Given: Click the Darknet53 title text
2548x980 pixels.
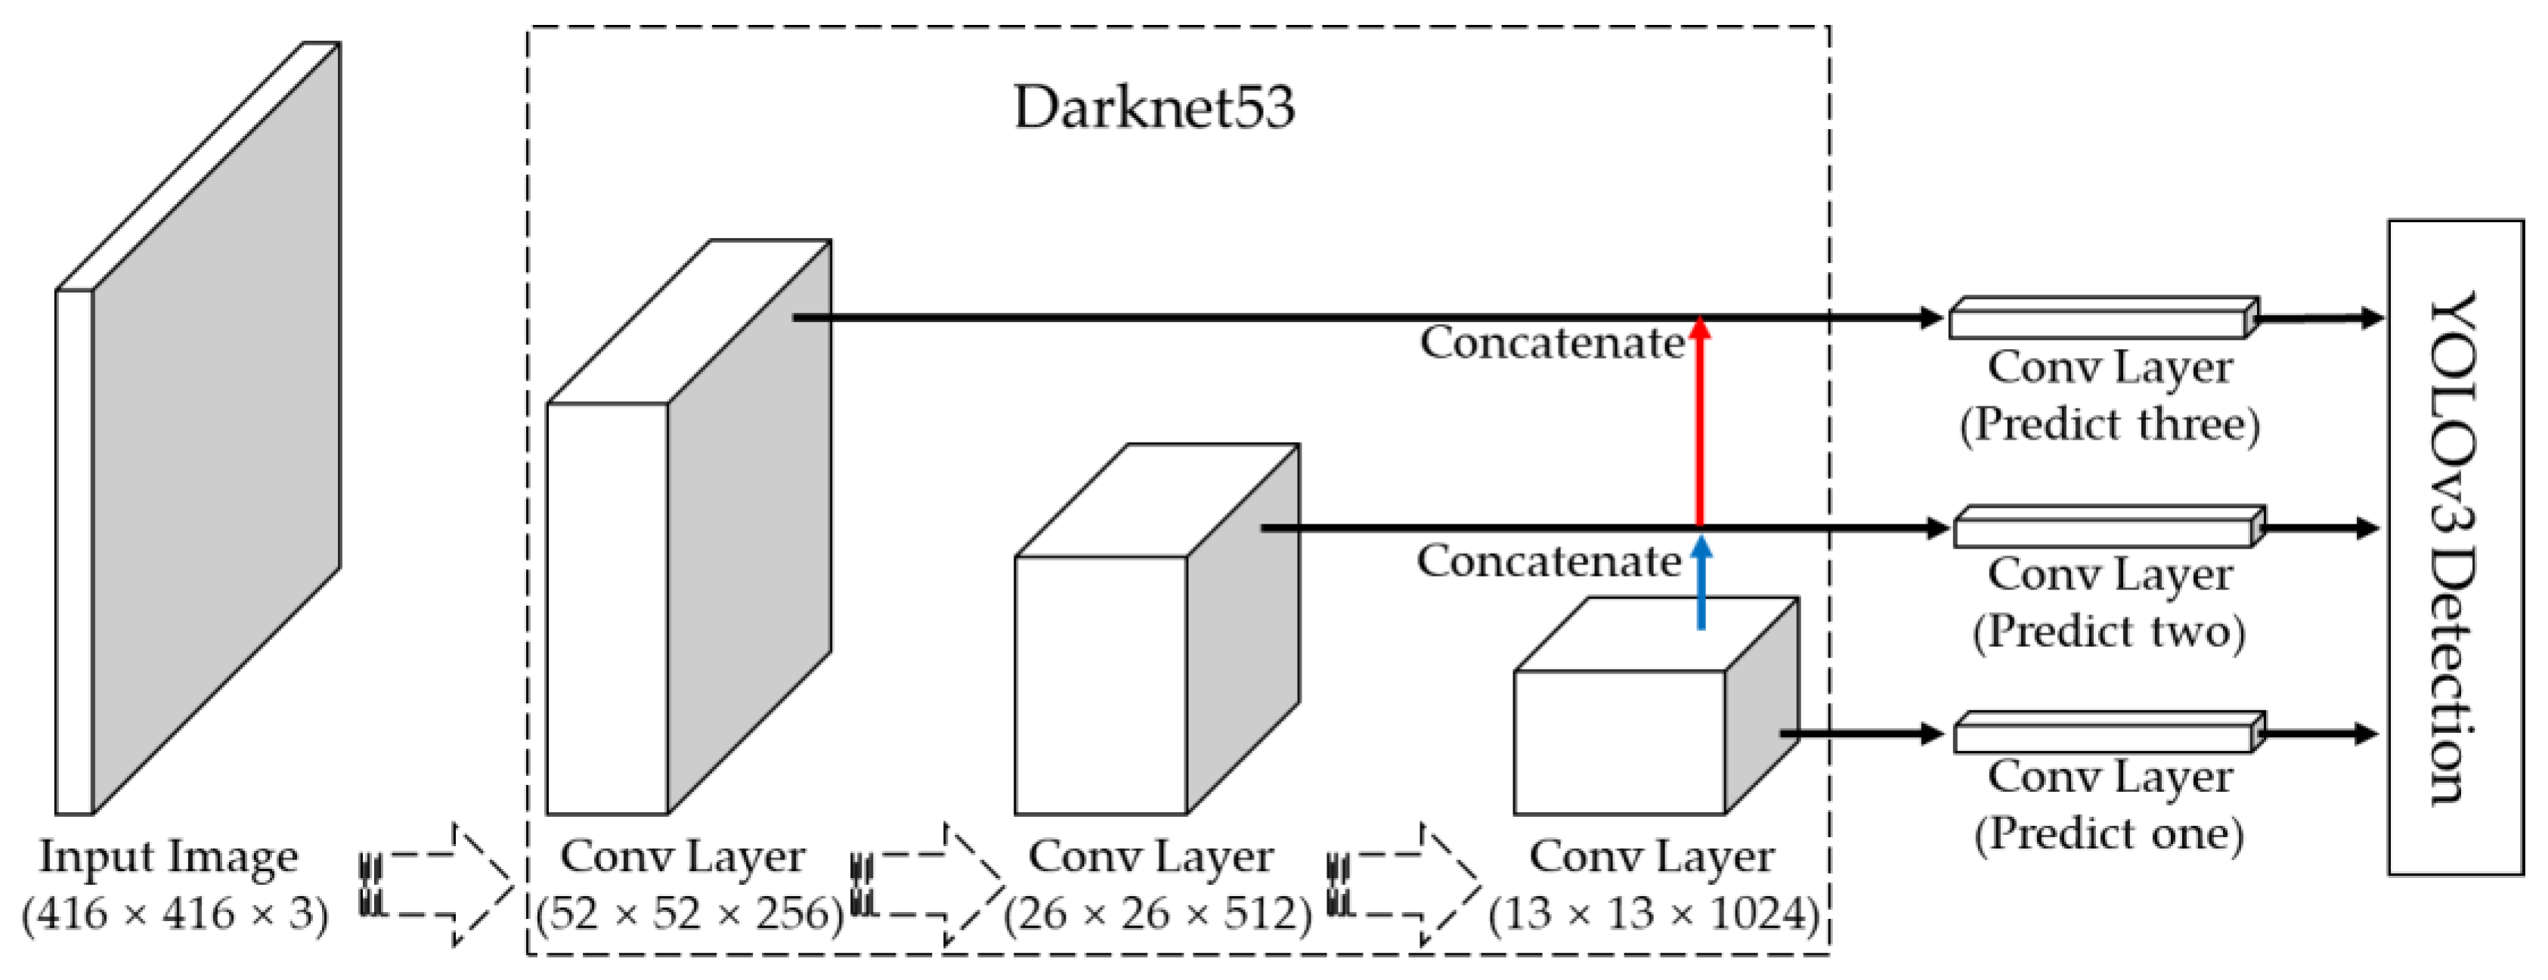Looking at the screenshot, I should pos(1153,107).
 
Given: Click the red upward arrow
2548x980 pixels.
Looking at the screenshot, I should pos(1699,425).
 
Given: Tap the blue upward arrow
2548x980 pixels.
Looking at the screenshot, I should pos(1701,583).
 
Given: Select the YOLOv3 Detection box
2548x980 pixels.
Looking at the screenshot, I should pos(2455,547).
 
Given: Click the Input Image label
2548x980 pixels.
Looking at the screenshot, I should pos(168,856).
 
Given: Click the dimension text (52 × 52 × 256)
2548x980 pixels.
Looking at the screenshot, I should pos(689,914).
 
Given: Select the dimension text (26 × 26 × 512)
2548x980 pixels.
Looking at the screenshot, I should pos(1156,914).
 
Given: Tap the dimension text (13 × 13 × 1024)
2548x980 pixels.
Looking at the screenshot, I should pos(1653,914).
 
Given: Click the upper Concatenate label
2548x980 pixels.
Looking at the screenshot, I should pos(1551,343).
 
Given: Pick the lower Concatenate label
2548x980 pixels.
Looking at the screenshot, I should pos(1548,561).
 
